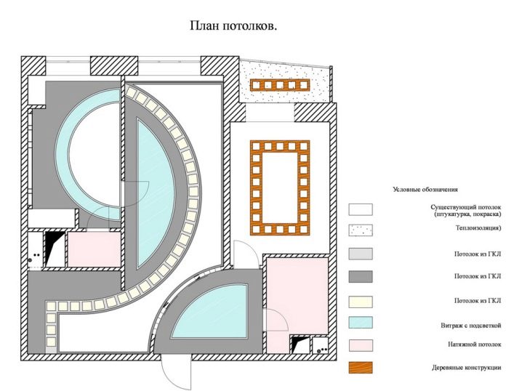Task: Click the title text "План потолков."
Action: (x=233, y=26)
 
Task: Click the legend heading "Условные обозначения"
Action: (x=425, y=190)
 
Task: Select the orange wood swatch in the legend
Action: (x=361, y=367)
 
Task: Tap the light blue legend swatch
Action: (x=361, y=323)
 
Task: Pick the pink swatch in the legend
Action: (x=361, y=345)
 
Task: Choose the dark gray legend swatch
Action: (x=361, y=276)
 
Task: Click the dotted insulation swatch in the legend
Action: (x=361, y=230)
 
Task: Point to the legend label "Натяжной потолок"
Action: (x=475, y=344)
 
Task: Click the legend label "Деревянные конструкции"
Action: (x=467, y=368)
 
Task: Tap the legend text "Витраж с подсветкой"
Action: (x=470, y=326)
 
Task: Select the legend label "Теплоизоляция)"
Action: (x=478, y=228)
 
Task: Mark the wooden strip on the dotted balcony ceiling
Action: (x=280, y=85)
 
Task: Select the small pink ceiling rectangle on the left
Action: (x=94, y=249)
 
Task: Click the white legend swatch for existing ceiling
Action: (x=361, y=209)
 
